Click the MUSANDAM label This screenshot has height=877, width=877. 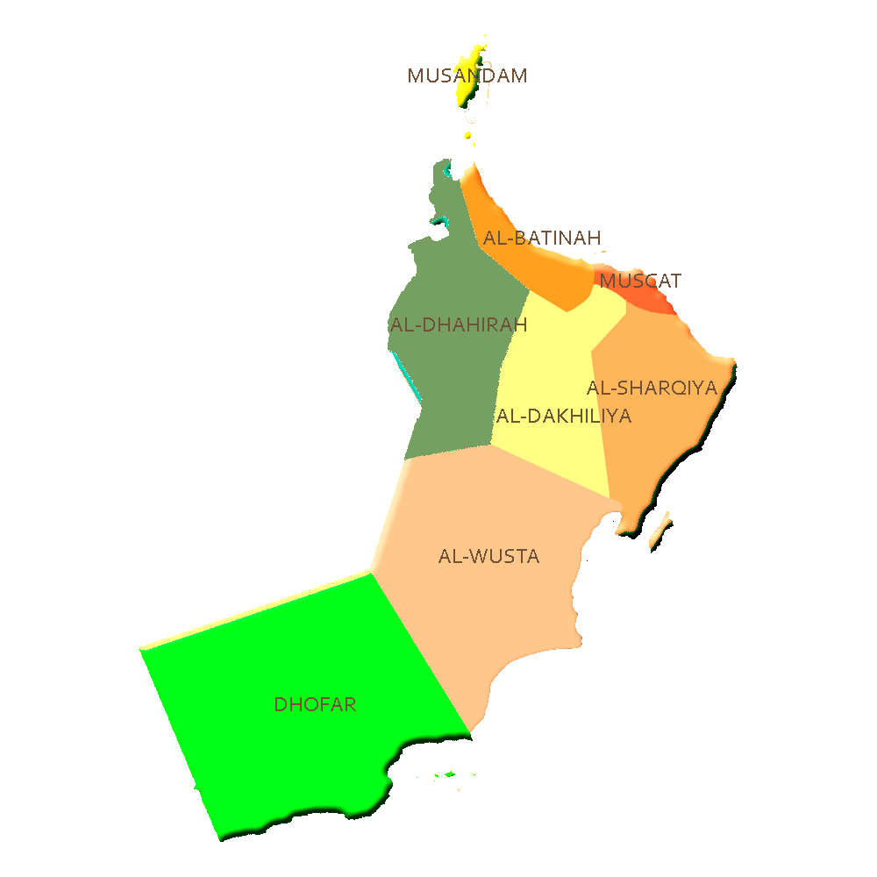coord(467,75)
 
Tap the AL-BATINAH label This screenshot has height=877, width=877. coord(541,238)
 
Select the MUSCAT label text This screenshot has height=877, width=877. coord(639,281)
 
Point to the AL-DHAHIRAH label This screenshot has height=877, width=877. coord(459,325)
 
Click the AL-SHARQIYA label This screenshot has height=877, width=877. coord(652,388)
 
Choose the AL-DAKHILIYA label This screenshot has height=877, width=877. coord(564,417)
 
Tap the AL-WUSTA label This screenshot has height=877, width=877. coord(488,557)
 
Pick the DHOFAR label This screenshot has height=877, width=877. coord(315,705)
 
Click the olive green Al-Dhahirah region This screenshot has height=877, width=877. coord(447,386)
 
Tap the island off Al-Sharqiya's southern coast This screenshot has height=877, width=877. coord(662,531)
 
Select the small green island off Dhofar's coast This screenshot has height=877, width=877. coord(450,774)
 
